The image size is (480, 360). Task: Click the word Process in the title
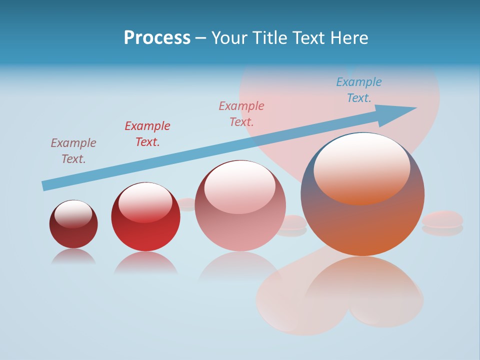pos(157,38)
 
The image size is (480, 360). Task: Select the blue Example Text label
pos(359,90)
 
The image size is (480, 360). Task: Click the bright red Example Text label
pos(147,133)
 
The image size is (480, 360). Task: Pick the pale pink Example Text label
pos(241,113)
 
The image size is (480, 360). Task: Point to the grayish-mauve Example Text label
pos(73,150)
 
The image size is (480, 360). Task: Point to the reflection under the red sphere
pos(145,262)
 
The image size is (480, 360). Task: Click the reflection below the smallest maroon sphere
pos(73,256)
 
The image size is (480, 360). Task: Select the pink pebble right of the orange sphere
pos(442,219)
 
